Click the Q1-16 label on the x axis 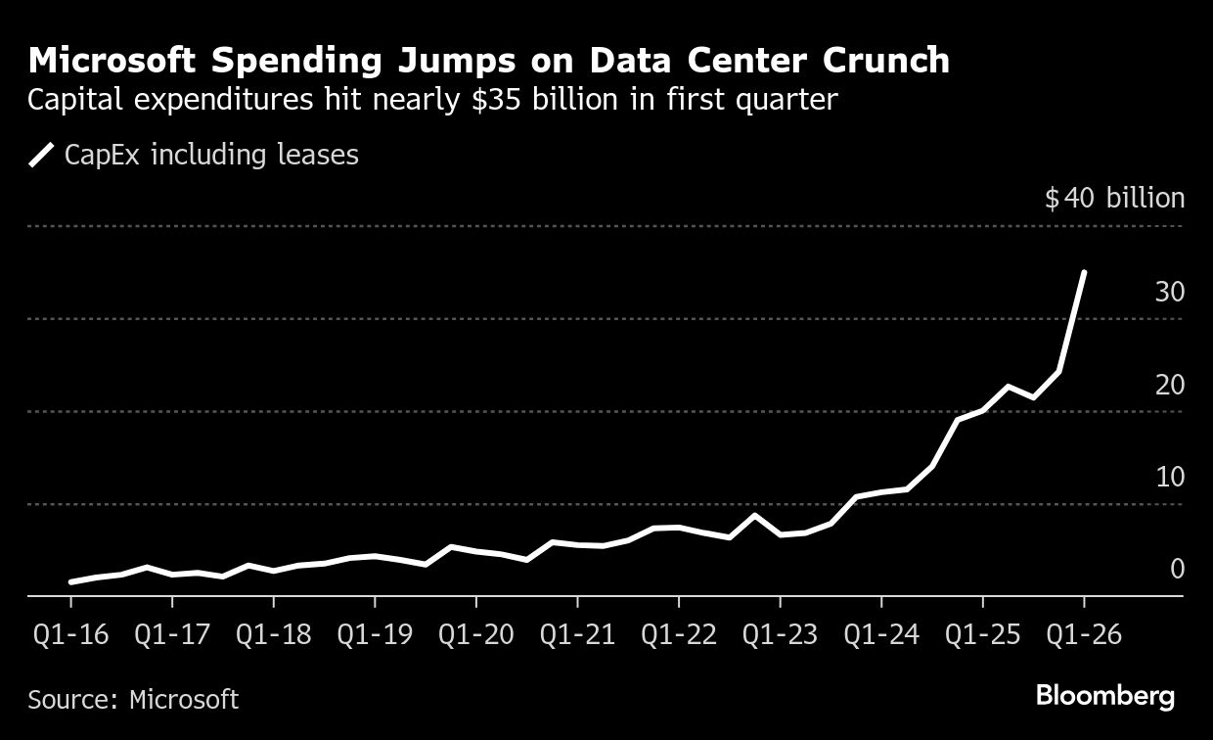click(69, 634)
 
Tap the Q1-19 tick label click(374, 634)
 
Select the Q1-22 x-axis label click(678, 634)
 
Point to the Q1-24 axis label click(880, 634)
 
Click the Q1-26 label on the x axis click(1083, 634)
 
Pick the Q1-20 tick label click(475, 634)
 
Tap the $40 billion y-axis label click(1114, 199)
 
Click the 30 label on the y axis click(1169, 293)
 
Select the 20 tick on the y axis click(1169, 386)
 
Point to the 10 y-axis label click(1169, 478)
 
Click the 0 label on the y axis click(1177, 570)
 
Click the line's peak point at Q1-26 click(1083, 273)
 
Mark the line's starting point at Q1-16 click(71, 581)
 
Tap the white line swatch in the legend click(41, 155)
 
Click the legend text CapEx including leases click(211, 155)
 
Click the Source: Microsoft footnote click(133, 699)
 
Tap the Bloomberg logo click(1105, 697)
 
